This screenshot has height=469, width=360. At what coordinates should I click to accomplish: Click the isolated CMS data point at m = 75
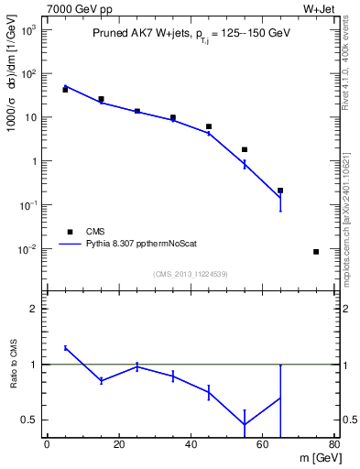(316, 252)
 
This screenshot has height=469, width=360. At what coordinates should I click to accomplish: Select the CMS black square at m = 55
(245, 149)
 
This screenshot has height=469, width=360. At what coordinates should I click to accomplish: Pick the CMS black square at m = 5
(65, 90)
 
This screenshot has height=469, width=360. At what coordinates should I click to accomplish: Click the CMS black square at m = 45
(209, 126)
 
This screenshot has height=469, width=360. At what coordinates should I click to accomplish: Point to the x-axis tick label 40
(191, 446)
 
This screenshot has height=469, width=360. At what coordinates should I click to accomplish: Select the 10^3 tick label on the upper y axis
(28, 30)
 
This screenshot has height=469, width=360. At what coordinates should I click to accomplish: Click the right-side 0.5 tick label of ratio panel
(348, 420)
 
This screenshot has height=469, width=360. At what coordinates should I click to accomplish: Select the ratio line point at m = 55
(245, 424)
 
